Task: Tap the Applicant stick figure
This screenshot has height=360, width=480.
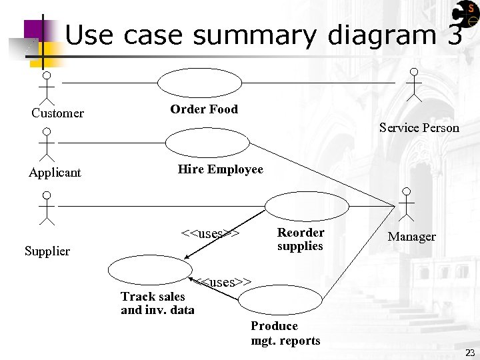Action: point(47,145)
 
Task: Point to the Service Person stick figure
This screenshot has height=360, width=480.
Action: point(414,85)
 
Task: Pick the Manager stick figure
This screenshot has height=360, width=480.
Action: point(405,203)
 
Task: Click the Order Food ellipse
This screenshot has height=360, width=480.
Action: point(200,83)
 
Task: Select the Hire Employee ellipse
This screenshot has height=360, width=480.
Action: point(207,142)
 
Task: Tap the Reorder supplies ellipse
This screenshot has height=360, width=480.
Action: point(307,207)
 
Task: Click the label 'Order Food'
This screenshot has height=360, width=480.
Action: point(204,109)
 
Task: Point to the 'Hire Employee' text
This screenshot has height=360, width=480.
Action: point(220,169)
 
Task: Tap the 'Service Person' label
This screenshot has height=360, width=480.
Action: point(419,127)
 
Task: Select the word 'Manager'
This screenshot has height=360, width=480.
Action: point(411,237)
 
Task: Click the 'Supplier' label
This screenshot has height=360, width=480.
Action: point(47,251)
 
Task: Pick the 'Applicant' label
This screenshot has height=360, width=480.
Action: point(55,173)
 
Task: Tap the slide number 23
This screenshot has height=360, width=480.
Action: point(470,353)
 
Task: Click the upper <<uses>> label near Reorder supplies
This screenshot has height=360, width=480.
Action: point(210,234)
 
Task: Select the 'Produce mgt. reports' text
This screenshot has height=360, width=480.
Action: point(285,333)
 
